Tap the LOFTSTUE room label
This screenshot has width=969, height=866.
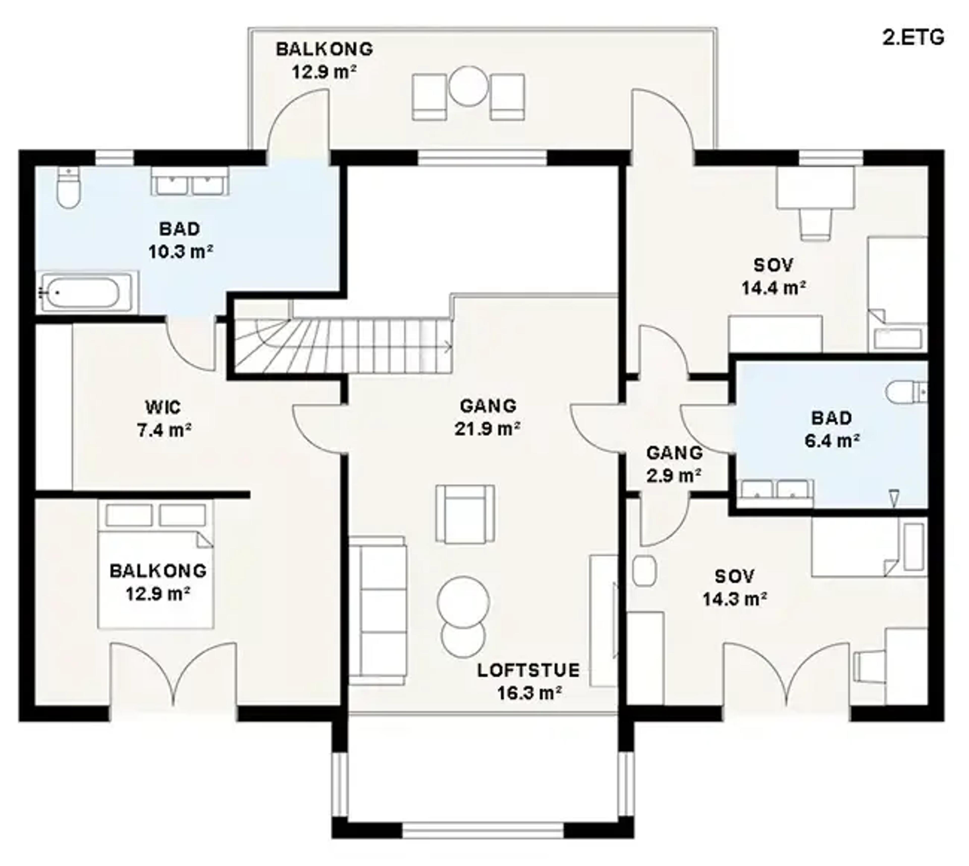(528, 670)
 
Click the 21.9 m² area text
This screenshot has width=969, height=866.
(487, 429)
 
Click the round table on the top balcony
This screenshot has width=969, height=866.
(468, 86)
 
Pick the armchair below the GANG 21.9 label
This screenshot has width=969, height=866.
(465, 514)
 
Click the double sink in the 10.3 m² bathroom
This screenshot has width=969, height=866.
(190, 181)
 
